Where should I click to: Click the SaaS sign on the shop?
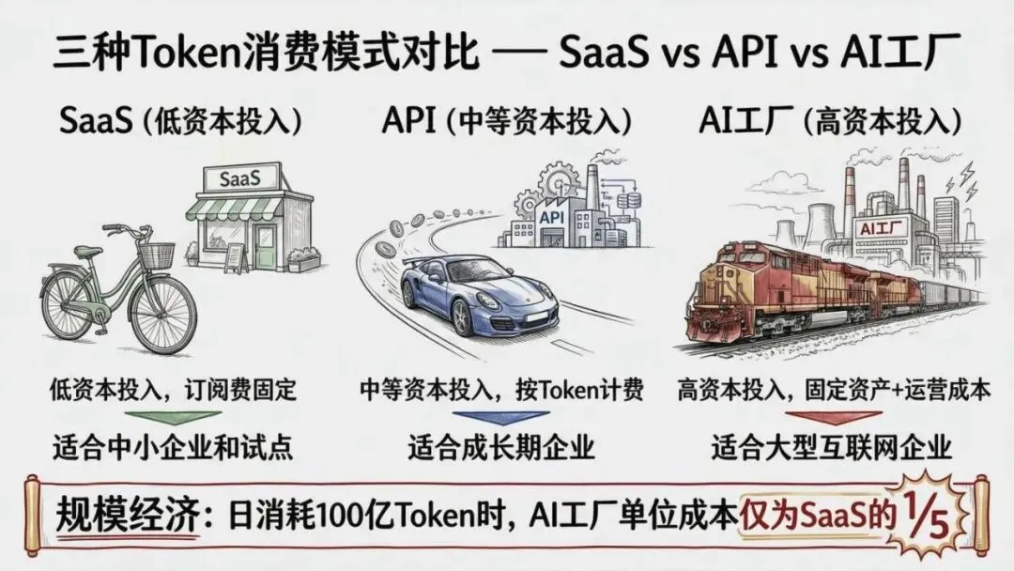(x=239, y=177)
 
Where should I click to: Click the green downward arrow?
(x=172, y=416)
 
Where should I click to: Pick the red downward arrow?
(x=830, y=416)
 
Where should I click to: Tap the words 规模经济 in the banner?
(x=127, y=516)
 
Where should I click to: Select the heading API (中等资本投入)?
(x=506, y=121)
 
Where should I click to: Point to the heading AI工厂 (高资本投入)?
(x=831, y=121)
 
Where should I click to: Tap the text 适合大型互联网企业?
(x=832, y=446)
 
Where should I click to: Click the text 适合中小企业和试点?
(x=172, y=446)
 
